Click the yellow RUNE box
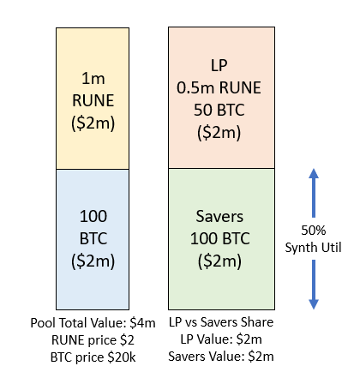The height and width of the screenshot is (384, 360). [x=93, y=99]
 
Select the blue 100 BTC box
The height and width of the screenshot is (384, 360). [x=93, y=239]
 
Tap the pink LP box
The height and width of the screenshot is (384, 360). [x=221, y=98]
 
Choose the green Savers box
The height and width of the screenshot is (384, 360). [x=221, y=239]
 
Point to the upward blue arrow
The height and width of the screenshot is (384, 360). [x=314, y=193]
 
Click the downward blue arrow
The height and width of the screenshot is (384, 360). [x=314, y=285]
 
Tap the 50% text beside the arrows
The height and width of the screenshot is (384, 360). [x=314, y=231]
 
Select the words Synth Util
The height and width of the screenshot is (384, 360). [x=314, y=248]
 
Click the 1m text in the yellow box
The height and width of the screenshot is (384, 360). [x=93, y=78]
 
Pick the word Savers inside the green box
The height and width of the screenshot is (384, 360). [x=219, y=216]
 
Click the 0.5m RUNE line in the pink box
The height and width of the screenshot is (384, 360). [x=219, y=87]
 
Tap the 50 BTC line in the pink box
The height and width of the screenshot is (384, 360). [x=219, y=110]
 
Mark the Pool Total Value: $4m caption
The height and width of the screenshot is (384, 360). [x=93, y=323]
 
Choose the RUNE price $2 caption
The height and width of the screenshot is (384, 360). [x=93, y=340]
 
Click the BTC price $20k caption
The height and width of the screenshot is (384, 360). [x=93, y=357]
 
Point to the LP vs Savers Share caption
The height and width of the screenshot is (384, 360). [x=221, y=322]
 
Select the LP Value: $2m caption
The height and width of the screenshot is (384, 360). [x=221, y=339]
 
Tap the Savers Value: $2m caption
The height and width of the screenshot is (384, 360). [x=221, y=357]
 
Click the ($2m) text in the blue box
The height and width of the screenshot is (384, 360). [x=93, y=261]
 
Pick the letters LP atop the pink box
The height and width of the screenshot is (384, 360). [x=219, y=65]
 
